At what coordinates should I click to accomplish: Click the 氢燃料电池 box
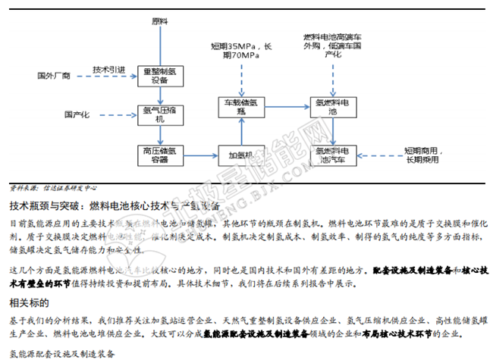[x=332, y=105]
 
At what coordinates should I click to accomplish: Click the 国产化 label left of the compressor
[x=77, y=114]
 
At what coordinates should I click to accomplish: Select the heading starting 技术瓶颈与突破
[x=114, y=205]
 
